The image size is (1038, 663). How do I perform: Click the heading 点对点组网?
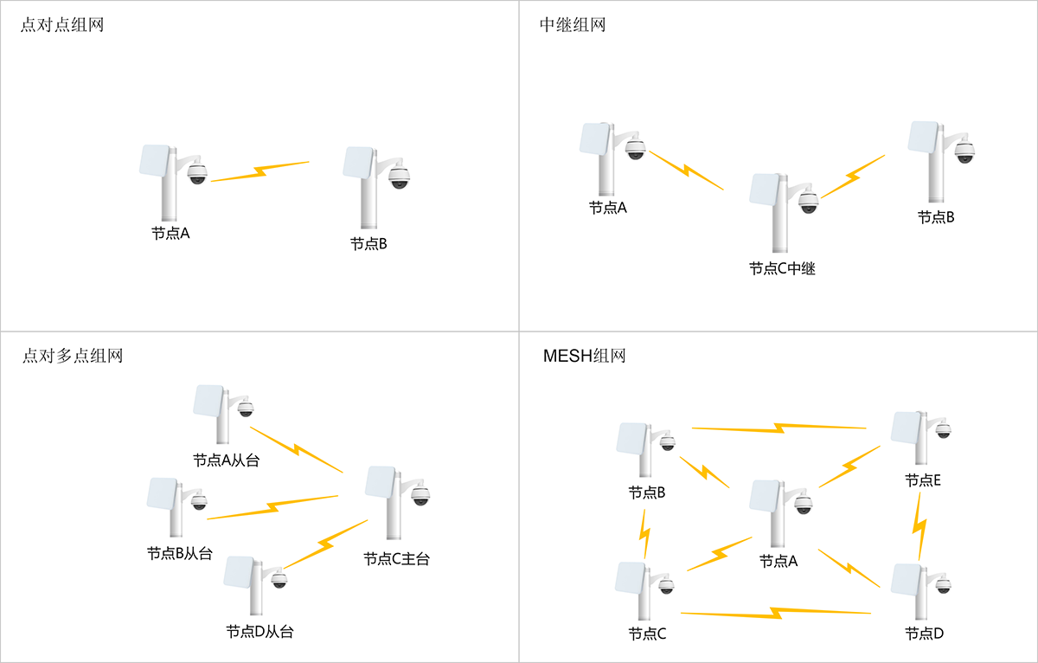click(x=62, y=25)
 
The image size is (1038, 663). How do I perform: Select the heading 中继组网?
click(x=573, y=25)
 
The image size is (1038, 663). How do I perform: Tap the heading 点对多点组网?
click(x=72, y=356)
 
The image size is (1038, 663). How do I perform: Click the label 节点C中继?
click(x=782, y=269)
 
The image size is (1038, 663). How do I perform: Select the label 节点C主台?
click(x=396, y=559)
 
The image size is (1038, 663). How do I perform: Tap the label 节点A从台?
click(x=226, y=460)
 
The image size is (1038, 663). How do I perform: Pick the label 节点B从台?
click(x=179, y=554)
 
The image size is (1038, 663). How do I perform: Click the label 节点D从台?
click(x=259, y=632)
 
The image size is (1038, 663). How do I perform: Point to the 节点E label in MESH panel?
click(x=923, y=480)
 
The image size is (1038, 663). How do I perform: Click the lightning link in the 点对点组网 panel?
click(x=259, y=171)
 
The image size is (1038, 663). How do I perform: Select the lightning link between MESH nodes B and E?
click(x=778, y=428)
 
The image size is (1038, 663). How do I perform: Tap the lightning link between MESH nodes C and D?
click(x=776, y=613)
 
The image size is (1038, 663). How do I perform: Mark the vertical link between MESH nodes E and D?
click(x=920, y=527)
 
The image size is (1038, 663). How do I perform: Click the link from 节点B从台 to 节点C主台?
click(x=273, y=507)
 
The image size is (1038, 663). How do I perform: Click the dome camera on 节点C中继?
click(x=808, y=201)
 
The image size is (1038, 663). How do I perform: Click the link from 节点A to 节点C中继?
click(x=686, y=171)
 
